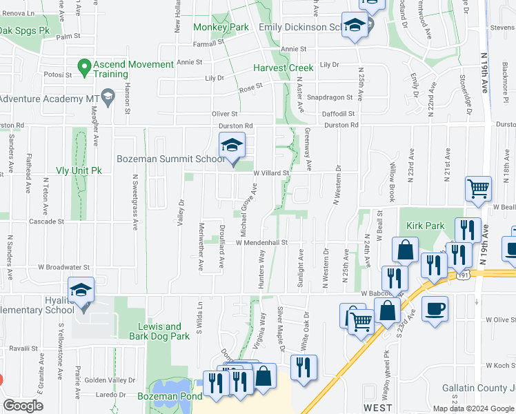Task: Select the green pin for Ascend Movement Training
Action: [x=84, y=68]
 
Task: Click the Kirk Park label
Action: [x=425, y=226]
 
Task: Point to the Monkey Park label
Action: [x=221, y=27]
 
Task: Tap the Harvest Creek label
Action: [x=283, y=68]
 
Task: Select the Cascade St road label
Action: [x=46, y=222]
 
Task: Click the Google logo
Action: [x=23, y=406]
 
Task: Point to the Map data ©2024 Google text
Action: [x=473, y=408]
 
